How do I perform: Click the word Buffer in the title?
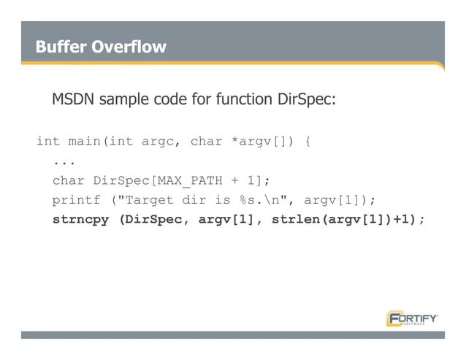[61, 47]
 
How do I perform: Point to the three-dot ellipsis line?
[64, 161]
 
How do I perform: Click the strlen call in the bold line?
[292, 220]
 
